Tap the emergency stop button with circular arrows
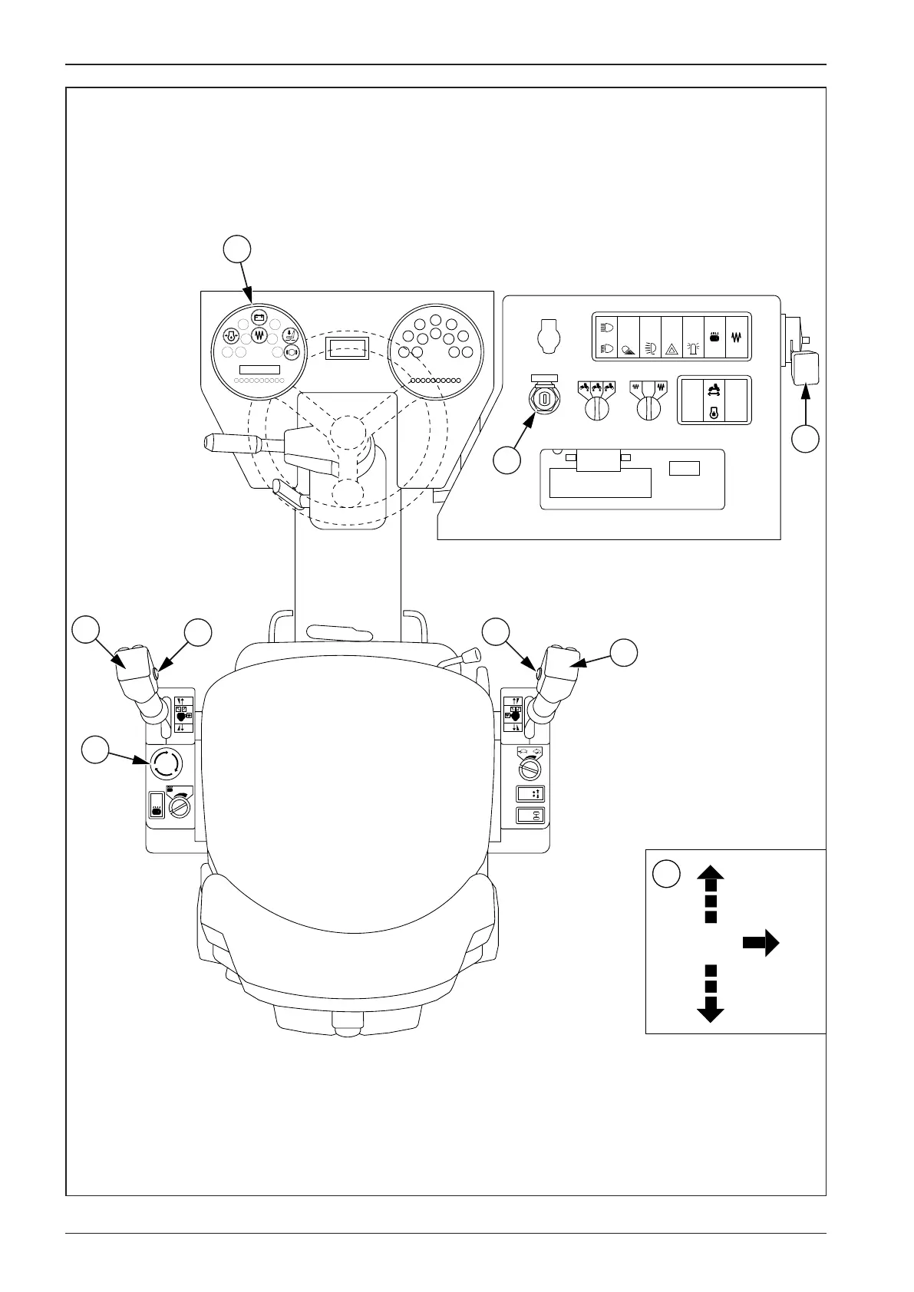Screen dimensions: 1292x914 (x=165, y=764)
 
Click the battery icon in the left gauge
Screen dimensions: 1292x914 (x=259, y=317)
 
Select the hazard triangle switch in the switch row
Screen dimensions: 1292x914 (x=671, y=348)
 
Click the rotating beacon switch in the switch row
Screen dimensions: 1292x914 (x=693, y=348)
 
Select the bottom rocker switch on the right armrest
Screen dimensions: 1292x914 (x=530, y=816)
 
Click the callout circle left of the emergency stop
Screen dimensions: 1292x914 (x=96, y=750)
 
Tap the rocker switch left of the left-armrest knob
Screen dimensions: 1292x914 (x=156, y=805)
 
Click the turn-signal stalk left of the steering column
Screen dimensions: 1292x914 (x=230, y=443)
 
